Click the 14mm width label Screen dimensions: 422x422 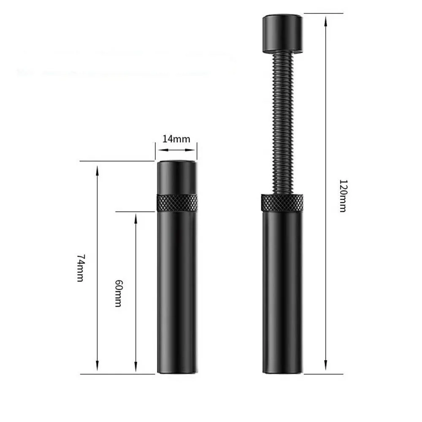pos(176,139)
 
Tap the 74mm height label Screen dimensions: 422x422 pos(81,268)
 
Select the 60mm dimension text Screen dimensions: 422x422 pos(119,293)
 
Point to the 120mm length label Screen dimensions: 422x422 pos(343,196)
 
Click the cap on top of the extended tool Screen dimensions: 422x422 pos(283,34)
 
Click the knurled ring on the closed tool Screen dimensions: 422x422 pos(177,203)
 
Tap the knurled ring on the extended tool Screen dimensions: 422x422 pos(282,203)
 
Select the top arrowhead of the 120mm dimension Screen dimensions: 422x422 pos(326,21)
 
